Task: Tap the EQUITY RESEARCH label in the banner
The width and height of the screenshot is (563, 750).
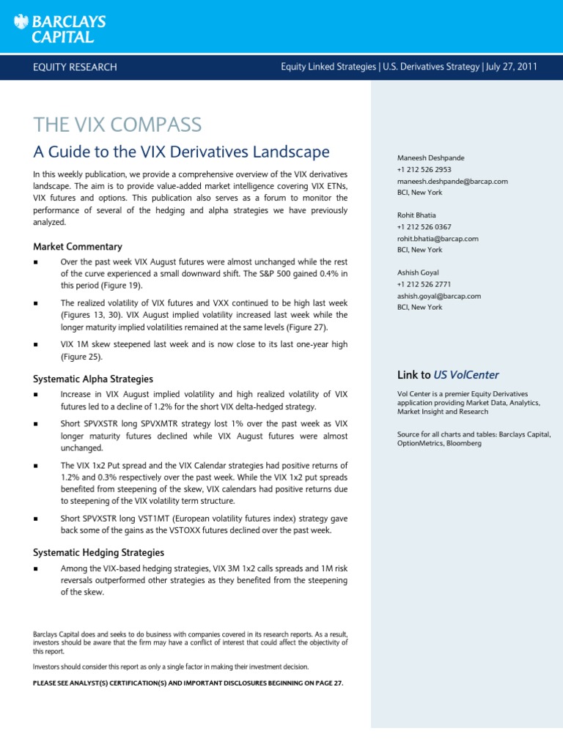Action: [x=74, y=67]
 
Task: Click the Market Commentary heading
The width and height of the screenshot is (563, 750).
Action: [x=78, y=247]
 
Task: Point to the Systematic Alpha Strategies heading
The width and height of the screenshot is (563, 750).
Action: [x=93, y=379]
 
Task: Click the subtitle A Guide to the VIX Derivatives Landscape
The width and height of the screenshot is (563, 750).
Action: [x=182, y=152]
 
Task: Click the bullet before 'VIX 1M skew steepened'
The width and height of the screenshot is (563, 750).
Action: [x=36, y=345]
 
